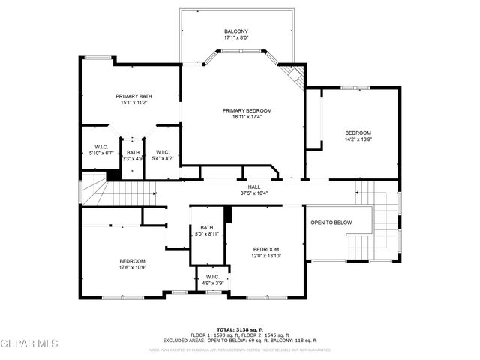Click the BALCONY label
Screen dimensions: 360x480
[235, 31]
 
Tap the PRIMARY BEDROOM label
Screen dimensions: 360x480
[247, 110]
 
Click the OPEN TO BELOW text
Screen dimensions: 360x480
[331, 223]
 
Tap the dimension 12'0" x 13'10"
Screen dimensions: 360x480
[265, 256]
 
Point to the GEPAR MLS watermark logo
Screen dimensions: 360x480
[29, 343]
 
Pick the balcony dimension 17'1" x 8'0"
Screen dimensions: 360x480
[235, 38]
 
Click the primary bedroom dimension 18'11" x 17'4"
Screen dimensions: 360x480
[247, 117]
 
